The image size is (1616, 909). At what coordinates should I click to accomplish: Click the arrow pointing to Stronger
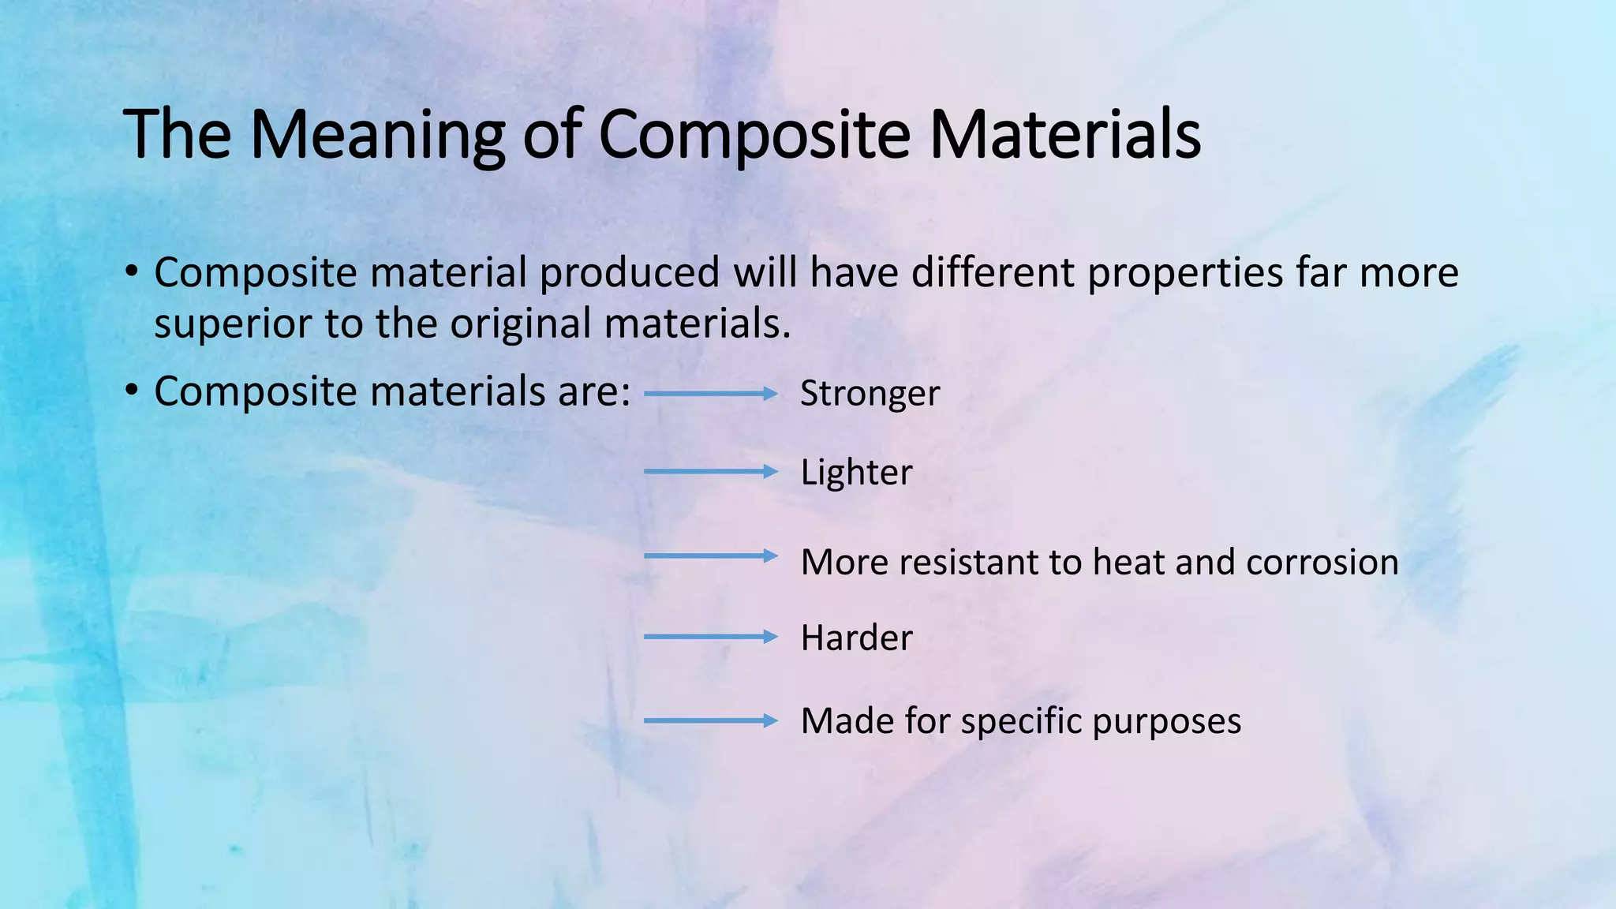[710, 394]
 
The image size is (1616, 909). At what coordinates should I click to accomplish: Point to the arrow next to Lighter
[710, 472]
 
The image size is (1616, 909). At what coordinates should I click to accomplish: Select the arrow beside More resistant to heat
[710, 556]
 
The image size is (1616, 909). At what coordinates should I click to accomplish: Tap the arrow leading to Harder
[710, 637]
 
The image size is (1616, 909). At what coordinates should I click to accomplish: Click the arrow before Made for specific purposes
[710, 720]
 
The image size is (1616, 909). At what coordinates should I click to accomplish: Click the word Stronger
[870, 394]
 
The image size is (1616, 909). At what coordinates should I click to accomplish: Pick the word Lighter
[856, 473]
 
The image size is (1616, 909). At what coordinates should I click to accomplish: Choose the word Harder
[856, 638]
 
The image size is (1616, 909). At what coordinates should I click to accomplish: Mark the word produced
[629, 272]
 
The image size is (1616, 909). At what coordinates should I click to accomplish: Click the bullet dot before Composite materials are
[132, 391]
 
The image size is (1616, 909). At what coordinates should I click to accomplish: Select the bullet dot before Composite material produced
[132, 272]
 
